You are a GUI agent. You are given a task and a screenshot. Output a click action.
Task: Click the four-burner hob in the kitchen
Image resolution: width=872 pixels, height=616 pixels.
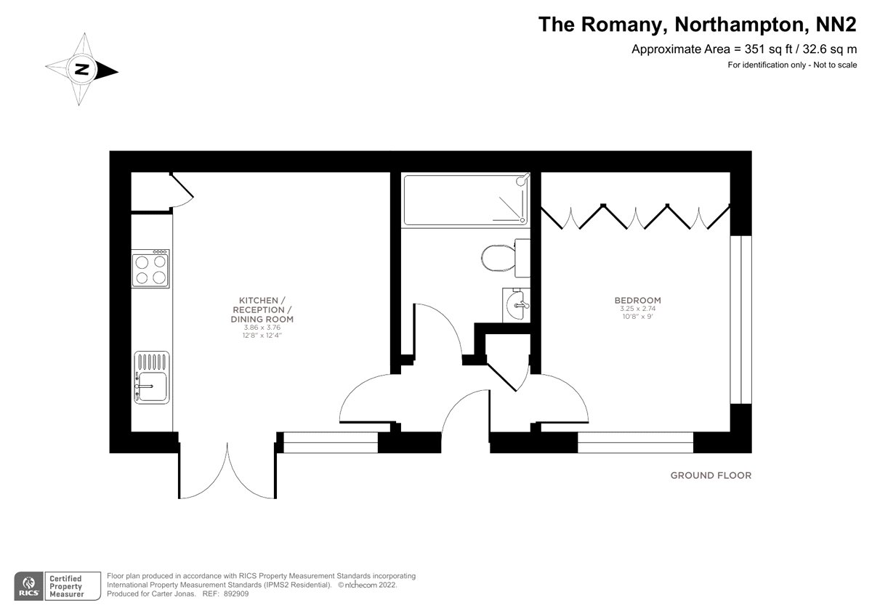[151, 269]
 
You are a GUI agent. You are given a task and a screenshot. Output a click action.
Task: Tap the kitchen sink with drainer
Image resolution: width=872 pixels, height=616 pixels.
[151, 377]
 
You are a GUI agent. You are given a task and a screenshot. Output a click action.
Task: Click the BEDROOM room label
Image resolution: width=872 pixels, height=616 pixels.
[637, 300]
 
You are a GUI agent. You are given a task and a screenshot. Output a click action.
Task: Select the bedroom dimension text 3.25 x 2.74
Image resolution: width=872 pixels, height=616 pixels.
[637, 309]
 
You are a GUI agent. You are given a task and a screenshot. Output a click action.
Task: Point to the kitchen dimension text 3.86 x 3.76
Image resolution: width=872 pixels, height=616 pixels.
[262, 328]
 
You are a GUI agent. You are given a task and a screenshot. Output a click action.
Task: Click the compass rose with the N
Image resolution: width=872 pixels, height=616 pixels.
[83, 70]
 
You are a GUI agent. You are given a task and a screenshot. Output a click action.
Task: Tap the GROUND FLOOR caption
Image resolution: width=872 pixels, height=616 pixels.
[710, 476]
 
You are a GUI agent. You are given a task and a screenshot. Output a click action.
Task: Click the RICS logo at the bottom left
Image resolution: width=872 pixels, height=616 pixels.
[28, 585]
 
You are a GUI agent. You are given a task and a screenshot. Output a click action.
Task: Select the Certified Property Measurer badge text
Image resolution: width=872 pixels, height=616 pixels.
[65, 585]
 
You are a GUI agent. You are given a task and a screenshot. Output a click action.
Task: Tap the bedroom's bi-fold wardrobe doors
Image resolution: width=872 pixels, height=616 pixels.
[634, 216]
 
